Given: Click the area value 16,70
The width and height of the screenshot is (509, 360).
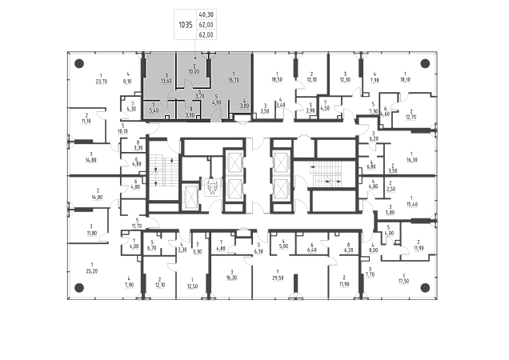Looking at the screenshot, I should point(232,80).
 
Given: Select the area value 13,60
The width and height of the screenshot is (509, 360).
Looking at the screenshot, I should point(166,81).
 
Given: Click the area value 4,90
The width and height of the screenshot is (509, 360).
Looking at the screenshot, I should point(216,103).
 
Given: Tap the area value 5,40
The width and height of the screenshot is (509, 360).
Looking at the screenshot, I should point(154,111).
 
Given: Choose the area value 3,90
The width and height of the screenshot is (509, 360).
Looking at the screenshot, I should point(190,114).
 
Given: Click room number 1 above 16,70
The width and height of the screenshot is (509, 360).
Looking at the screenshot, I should point(232,74).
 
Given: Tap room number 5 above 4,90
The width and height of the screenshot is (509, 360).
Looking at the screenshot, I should point(216,97).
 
